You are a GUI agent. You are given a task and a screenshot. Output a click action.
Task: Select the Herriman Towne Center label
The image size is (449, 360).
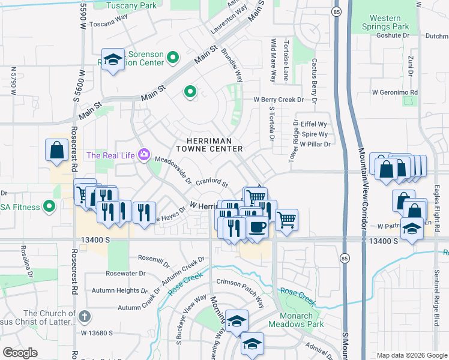[209, 144]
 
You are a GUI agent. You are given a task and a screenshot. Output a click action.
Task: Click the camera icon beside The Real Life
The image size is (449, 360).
[144, 155]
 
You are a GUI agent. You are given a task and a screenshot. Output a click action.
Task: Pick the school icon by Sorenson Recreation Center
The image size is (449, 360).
[113, 59]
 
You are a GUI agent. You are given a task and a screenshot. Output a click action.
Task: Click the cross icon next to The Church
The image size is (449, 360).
[85, 316]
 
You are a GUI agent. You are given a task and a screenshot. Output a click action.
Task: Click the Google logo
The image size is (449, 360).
[20, 352]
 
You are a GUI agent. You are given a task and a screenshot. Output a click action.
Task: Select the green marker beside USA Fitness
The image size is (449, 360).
[49, 208]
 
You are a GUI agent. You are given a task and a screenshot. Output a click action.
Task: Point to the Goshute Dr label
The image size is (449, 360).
[393, 35]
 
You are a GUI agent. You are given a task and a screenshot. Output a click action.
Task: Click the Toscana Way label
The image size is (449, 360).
[109, 25]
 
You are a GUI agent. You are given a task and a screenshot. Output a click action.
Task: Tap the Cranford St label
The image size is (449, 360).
[212, 181]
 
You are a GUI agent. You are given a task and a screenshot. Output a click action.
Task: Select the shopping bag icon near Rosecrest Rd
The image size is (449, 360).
[56, 151]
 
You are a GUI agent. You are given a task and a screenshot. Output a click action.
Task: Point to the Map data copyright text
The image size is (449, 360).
[411, 355]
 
